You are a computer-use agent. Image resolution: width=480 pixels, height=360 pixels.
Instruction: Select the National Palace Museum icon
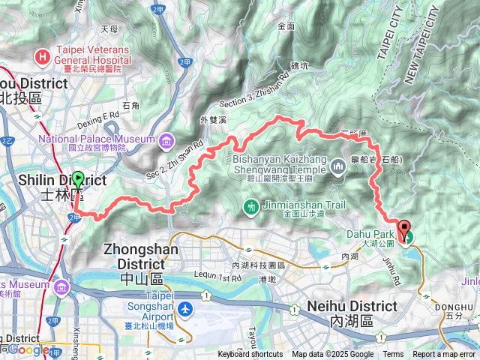coord(164,139)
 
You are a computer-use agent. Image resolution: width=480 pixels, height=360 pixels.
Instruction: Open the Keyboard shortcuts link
coord(250,355)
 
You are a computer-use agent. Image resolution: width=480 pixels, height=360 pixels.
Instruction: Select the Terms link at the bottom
coord(393,355)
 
